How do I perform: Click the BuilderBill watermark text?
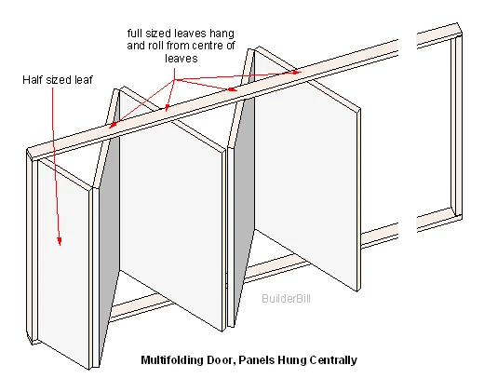[x=286, y=299]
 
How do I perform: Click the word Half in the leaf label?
[x=33, y=80]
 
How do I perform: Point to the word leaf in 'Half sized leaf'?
[x=84, y=80]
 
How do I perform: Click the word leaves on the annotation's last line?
[x=181, y=59]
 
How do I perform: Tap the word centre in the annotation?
[x=208, y=46]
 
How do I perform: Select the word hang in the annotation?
[x=222, y=33]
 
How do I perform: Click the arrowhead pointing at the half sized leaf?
[x=60, y=241]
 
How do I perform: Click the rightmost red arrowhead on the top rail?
[x=296, y=73]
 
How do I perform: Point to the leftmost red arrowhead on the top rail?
[x=113, y=125]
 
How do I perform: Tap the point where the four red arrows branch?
[x=175, y=80]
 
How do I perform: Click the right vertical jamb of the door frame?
[x=456, y=124]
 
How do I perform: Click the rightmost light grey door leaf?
[x=305, y=168]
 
